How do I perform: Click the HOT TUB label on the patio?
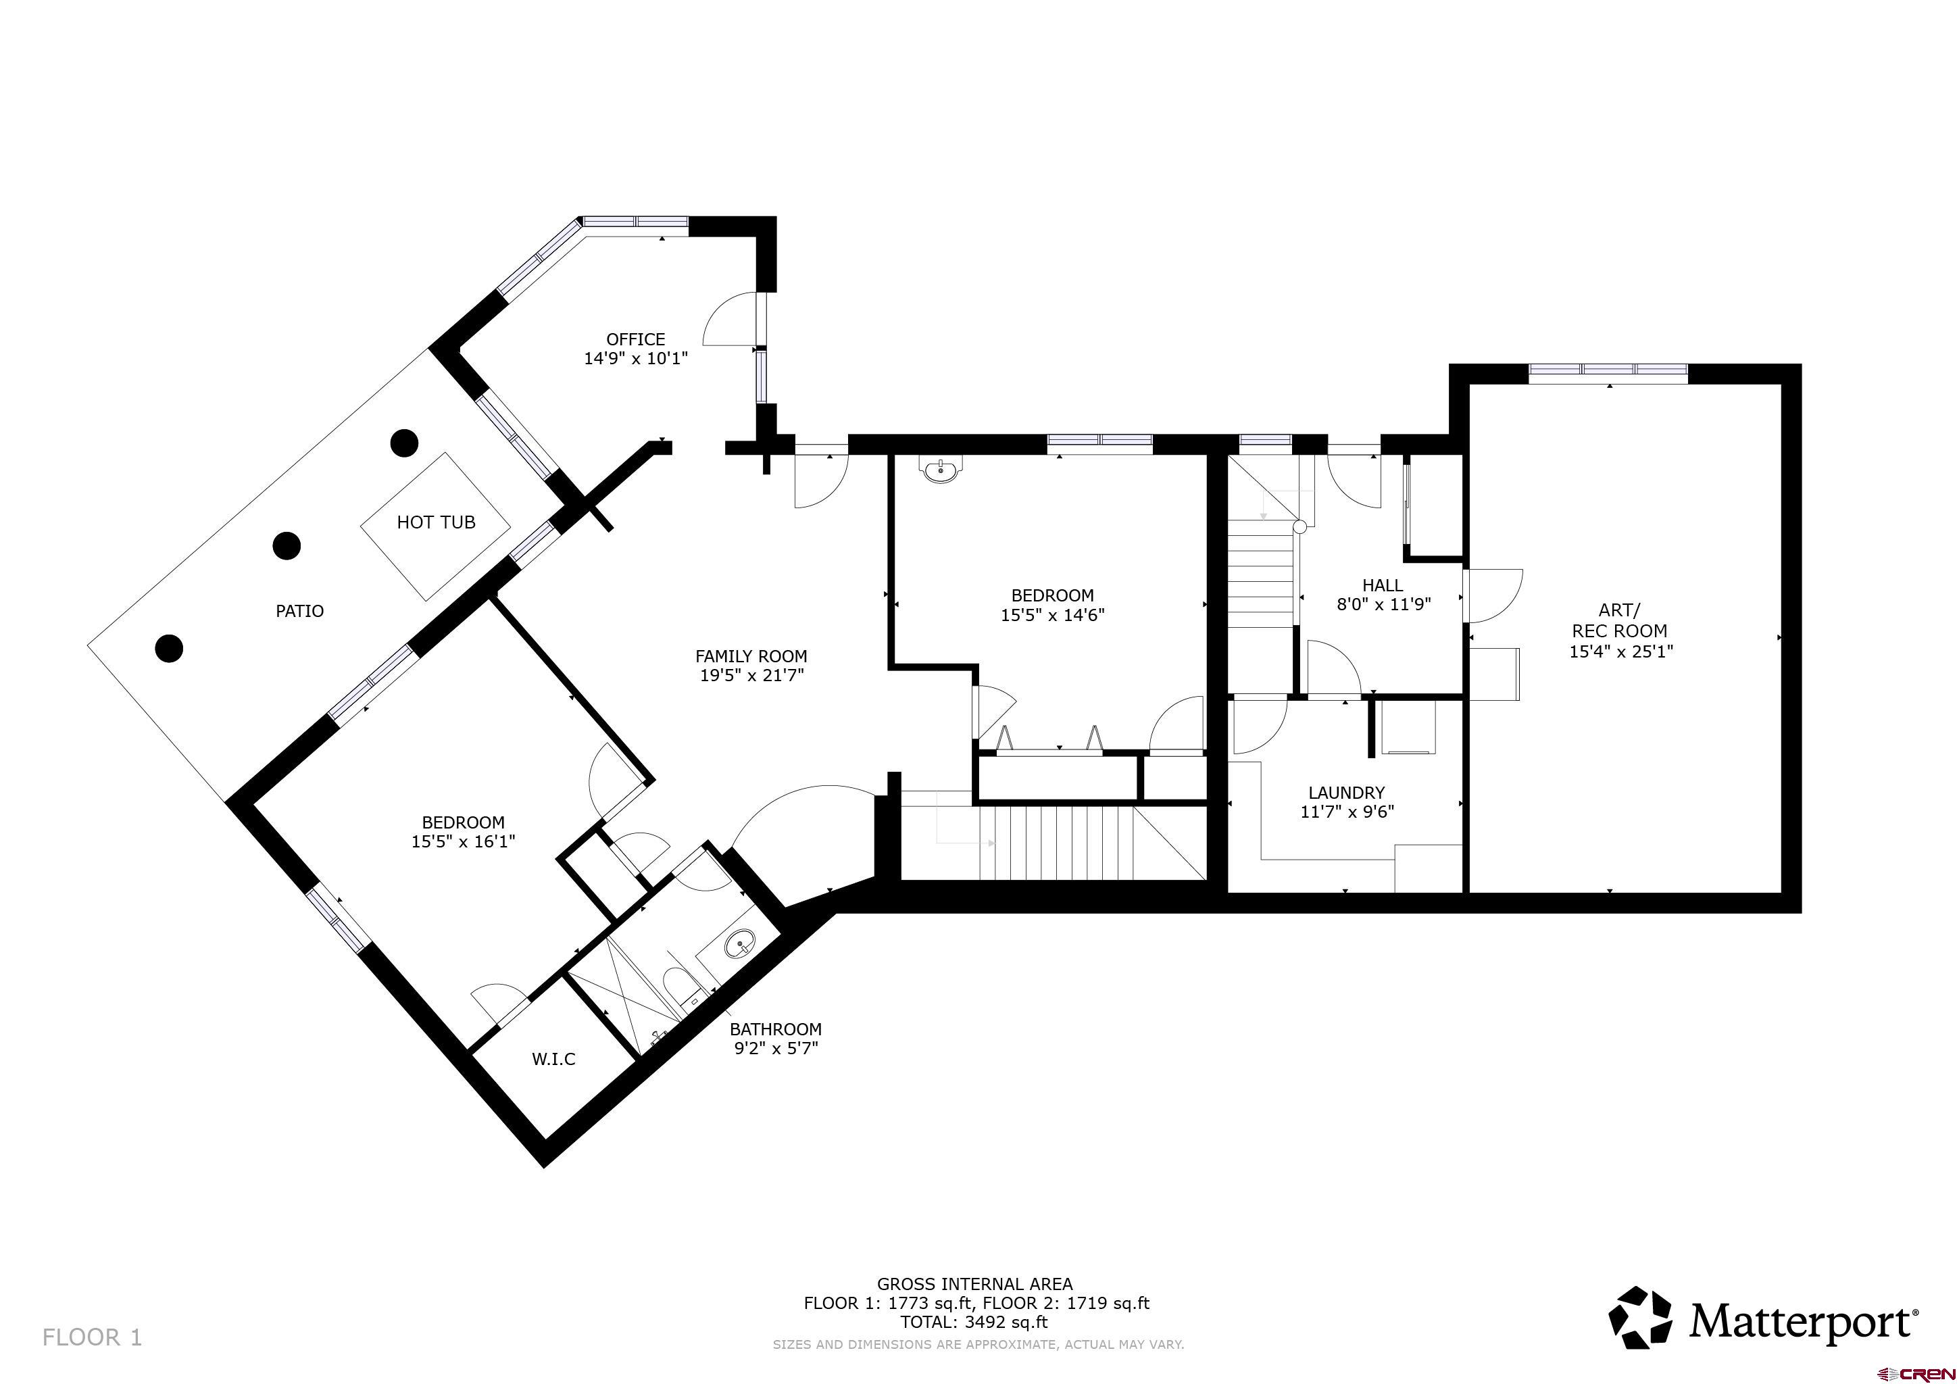436,522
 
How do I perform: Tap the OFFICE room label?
635,339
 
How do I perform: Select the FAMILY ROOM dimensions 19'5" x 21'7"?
751,676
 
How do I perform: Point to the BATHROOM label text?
775,1029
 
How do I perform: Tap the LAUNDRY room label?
1346,793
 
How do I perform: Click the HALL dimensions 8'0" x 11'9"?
1383,605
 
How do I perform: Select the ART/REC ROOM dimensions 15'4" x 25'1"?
1620,651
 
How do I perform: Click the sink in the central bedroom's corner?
942,470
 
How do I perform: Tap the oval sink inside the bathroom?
740,944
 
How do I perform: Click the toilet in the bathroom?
679,989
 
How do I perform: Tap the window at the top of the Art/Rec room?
1608,370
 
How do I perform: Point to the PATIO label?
299,611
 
